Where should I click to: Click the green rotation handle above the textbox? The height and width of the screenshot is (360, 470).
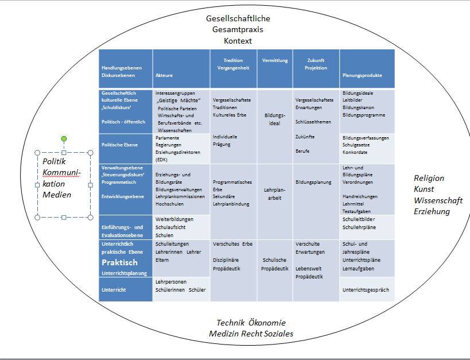(64, 139)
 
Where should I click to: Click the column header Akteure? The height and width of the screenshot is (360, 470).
(164, 75)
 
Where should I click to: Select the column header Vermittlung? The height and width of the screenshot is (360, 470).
(275, 60)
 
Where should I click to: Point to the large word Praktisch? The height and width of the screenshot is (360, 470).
(119, 262)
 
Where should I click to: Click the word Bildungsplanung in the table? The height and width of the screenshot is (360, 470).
(313, 182)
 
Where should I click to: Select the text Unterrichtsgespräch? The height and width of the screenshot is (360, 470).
(366, 290)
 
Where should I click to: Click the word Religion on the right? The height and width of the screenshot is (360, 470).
(429, 178)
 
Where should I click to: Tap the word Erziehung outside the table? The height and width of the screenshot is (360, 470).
(432, 211)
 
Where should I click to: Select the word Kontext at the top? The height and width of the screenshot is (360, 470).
(238, 41)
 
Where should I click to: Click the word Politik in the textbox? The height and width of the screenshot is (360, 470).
(55, 161)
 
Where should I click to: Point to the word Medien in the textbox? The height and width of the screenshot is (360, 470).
(57, 195)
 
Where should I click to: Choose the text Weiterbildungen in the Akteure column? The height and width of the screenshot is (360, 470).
(174, 219)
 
